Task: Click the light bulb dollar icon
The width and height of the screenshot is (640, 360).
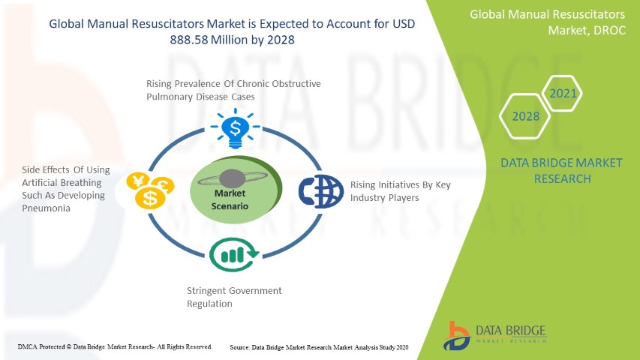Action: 235,128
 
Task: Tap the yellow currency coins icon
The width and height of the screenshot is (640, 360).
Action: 150,190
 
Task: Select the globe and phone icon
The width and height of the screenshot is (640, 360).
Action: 321,191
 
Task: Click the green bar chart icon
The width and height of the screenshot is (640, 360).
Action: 234,254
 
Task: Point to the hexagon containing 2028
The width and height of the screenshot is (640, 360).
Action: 525,116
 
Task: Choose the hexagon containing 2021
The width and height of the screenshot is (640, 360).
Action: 563,94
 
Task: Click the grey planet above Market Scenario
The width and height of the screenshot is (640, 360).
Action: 232,178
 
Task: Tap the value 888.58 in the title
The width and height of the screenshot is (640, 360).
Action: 188,40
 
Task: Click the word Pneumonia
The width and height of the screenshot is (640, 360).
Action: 46,208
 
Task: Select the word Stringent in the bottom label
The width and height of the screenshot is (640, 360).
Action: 206,291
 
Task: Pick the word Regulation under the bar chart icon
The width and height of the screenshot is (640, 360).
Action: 209,304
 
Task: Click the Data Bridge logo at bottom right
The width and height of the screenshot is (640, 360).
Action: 495,336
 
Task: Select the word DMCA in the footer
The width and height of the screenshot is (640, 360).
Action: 27,347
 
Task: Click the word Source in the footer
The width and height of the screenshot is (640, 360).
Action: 239,347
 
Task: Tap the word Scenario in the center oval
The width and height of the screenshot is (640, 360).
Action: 230,206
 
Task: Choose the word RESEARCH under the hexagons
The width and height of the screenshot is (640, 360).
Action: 563,178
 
